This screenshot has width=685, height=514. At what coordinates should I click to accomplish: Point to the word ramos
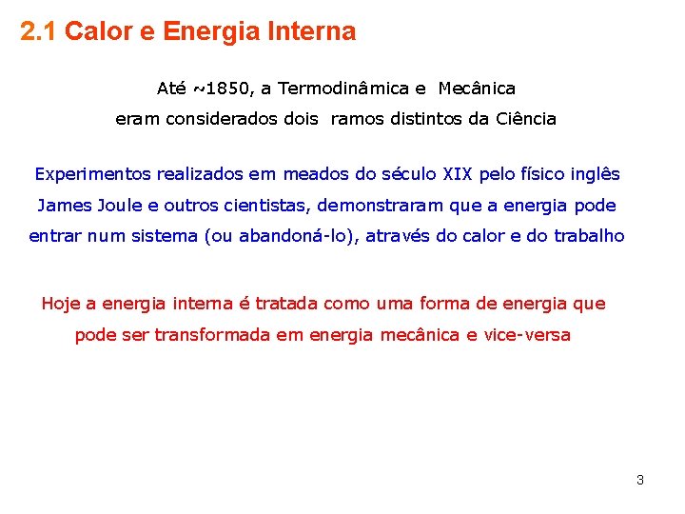tap(357, 120)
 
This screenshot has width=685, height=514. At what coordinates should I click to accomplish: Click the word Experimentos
tap(92, 174)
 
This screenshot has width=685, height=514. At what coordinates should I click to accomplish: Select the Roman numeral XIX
tap(460, 174)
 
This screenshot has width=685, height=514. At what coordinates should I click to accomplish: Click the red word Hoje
tap(60, 304)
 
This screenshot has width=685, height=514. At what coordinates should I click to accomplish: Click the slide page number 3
tap(639, 480)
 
